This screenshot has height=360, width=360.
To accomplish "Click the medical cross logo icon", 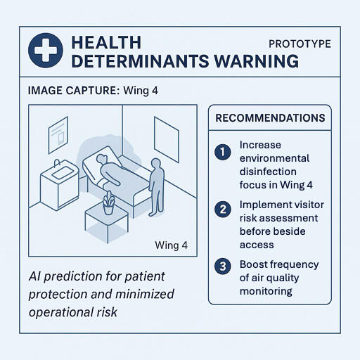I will (46, 51).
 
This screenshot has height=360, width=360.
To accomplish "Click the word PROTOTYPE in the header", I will (300, 44).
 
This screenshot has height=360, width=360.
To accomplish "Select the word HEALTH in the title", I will (106, 42).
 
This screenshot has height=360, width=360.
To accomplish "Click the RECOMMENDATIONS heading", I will (271, 118).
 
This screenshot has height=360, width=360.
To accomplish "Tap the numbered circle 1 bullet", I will (223, 151).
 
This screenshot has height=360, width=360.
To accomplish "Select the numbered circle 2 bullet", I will (223, 209).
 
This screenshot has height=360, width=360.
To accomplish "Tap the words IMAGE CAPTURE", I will (73, 91).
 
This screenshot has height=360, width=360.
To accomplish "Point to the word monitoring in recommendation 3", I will (265, 290).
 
